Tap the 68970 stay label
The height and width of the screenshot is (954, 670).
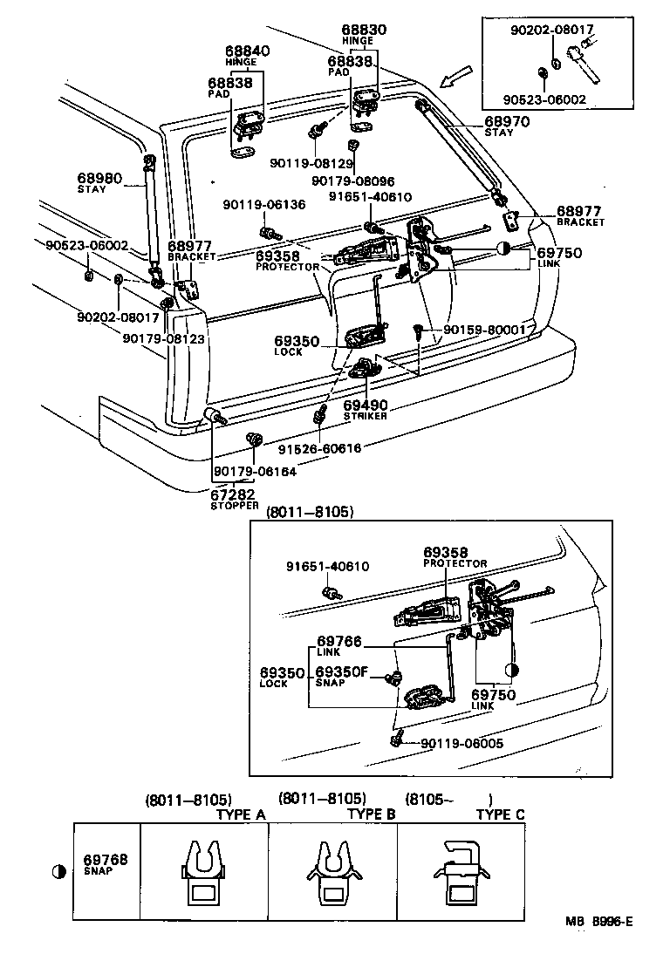point(507,122)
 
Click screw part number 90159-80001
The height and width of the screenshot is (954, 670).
point(483,330)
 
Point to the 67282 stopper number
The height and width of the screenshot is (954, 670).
point(235,494)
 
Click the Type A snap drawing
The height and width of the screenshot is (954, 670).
point(203,872)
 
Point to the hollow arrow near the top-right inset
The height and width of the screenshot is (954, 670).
point(455,80)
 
